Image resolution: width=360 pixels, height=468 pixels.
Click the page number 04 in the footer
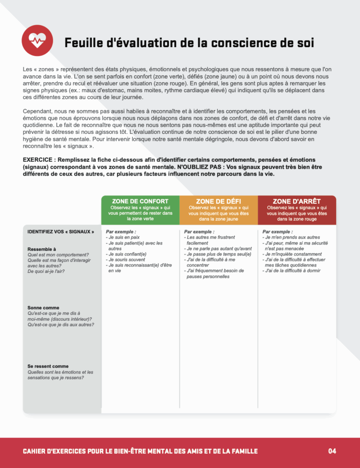tap(332, 451)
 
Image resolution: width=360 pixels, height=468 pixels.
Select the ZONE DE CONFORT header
tap(140, 201)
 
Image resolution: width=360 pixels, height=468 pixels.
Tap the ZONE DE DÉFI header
tap(218, 201)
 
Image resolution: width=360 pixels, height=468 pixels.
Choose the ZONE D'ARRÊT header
tap(297, 201)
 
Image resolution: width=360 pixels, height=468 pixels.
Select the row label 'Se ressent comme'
tap(48, 366)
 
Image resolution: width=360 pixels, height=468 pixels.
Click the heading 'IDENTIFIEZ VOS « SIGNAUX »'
tap(61, 232)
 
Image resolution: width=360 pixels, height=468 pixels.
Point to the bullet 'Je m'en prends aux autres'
tap(292, 238)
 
